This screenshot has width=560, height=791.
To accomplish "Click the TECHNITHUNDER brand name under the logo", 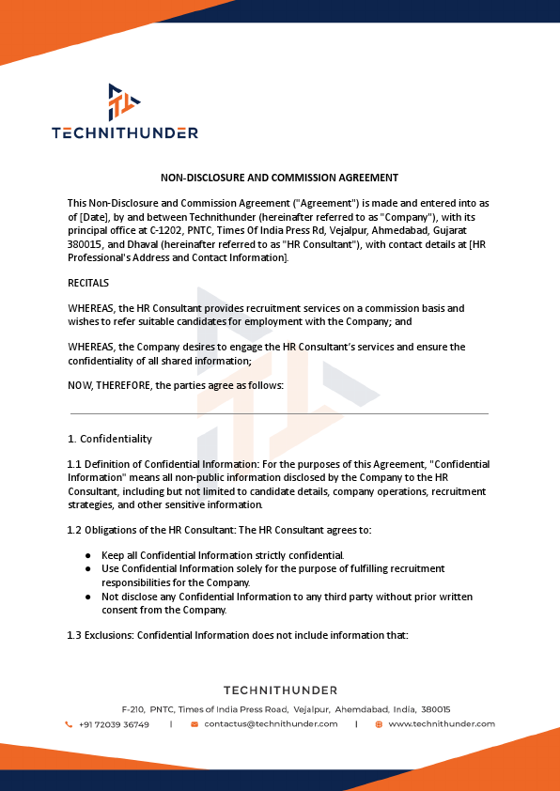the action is coord(125,132).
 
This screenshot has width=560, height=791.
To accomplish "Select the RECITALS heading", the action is coord(88,283).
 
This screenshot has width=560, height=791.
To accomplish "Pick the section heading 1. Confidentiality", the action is coord(109,439).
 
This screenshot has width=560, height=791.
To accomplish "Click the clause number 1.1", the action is coord(74,465).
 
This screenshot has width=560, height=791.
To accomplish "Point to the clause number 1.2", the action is coord(74,530).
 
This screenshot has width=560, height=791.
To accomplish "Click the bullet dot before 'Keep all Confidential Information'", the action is coord(87,555).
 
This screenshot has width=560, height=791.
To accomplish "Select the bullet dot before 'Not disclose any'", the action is coord(87,597).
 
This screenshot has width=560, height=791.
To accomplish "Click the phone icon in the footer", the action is coord(69,724).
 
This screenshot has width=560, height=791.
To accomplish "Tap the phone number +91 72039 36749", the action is coord(114,724).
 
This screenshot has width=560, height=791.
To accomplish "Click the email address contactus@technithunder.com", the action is coord(271,724).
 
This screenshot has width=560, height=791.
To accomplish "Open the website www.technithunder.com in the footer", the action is coord(442,724).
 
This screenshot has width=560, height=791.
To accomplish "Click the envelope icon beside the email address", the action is coord(194,724).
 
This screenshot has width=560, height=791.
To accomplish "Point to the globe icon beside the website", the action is coord(379,724).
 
